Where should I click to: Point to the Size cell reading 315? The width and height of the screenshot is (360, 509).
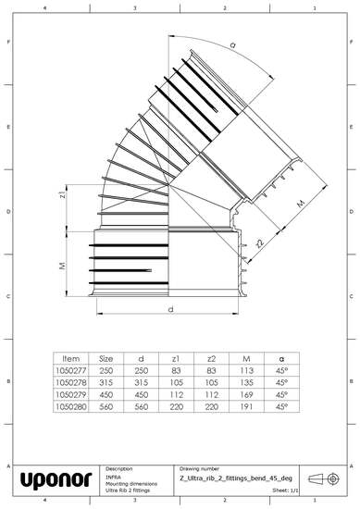click(106, 381)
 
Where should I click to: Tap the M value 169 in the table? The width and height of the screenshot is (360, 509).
click(246, 393)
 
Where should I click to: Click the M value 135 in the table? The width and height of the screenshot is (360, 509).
click(246, 381)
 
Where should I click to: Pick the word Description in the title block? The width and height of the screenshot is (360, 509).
click(121, 469)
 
